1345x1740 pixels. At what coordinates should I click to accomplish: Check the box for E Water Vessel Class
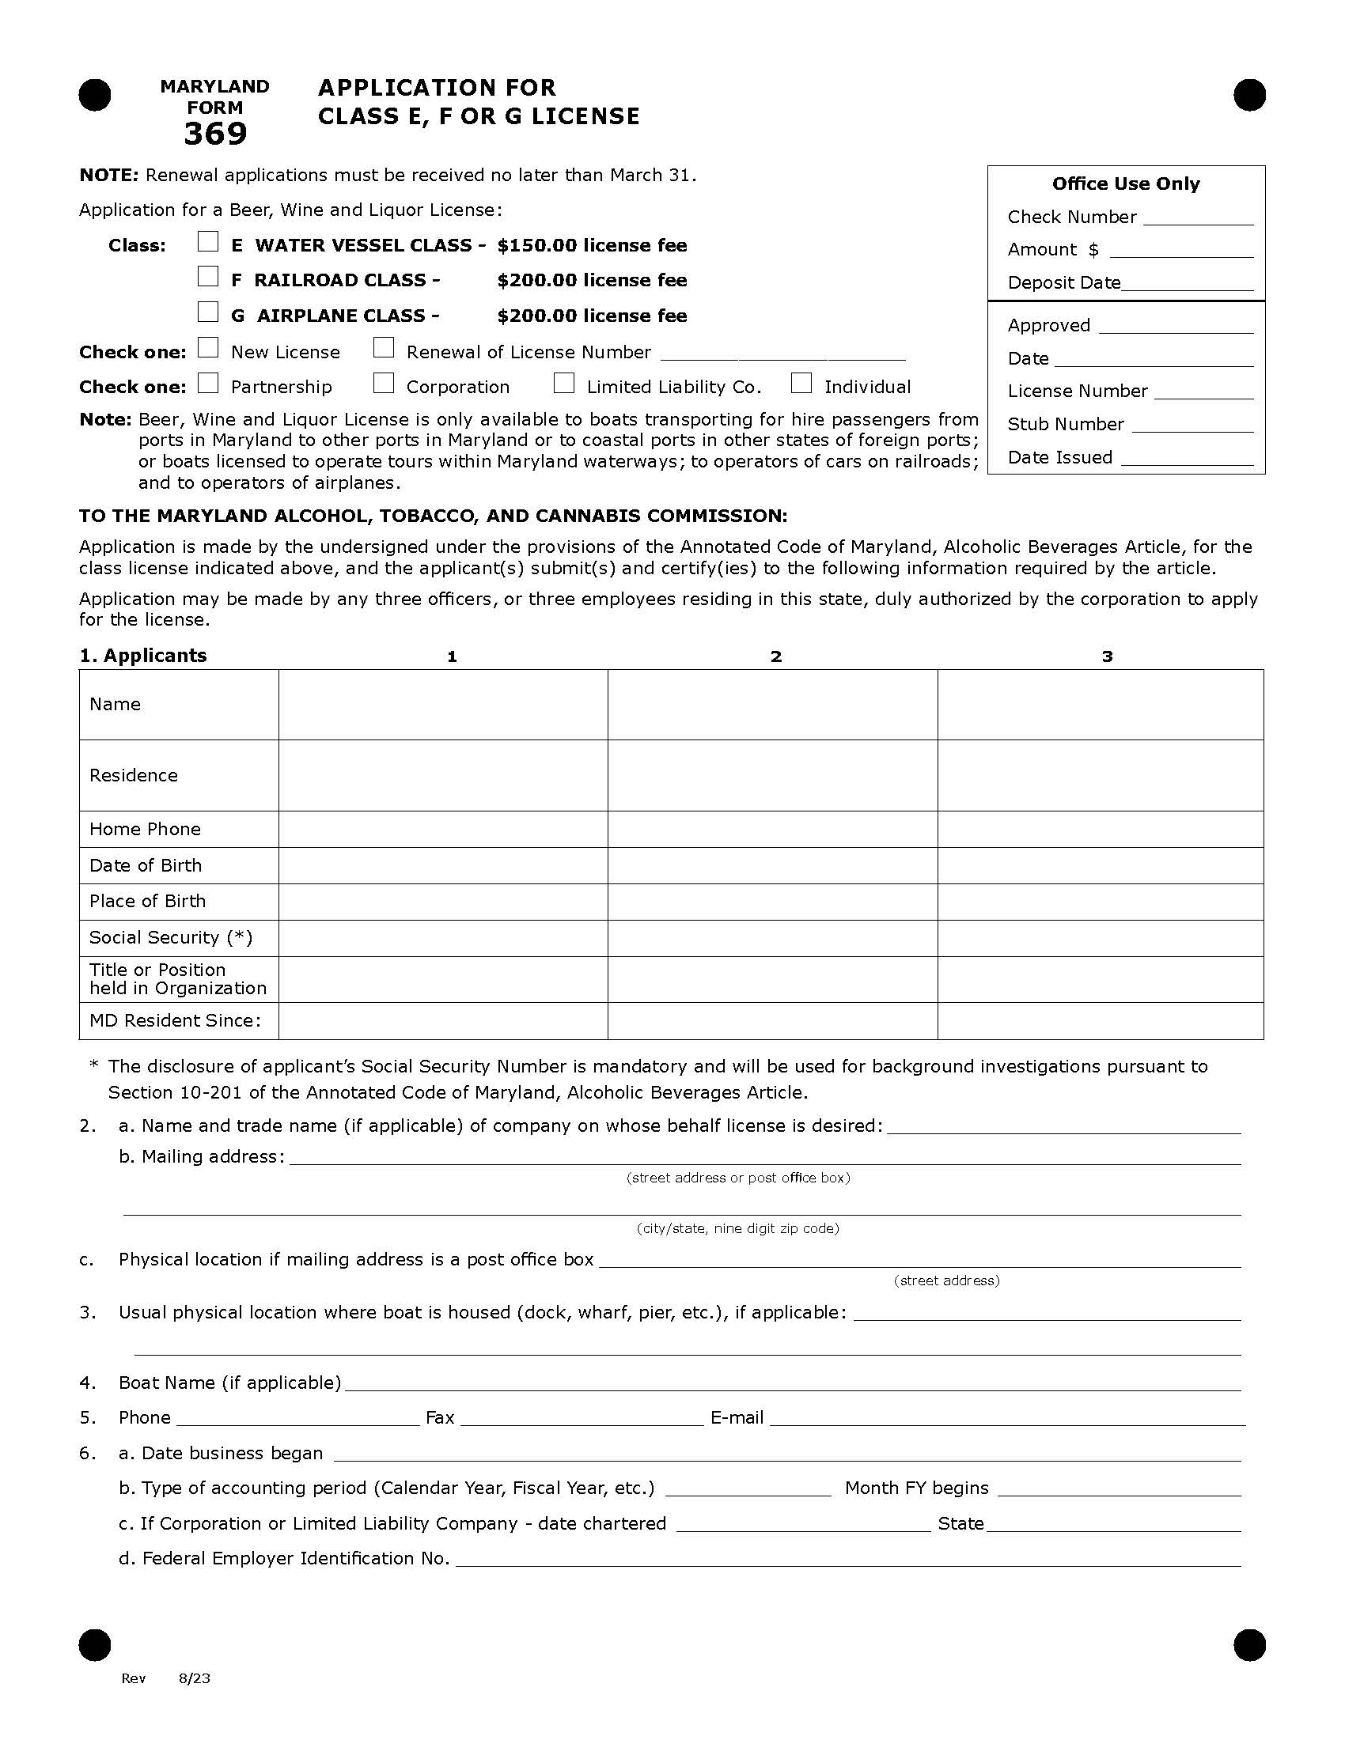coord(208,241)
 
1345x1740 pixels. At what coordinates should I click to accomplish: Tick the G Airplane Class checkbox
coord(208,312)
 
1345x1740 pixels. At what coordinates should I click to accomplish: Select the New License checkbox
coord(208,347)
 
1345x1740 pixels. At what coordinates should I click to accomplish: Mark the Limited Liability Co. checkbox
coord(564,384)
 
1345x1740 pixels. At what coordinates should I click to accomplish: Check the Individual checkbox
coord(801,384)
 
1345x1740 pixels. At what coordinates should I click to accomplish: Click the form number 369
coord(215,134)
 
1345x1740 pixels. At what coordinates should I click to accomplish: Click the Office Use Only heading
coord(1125,184)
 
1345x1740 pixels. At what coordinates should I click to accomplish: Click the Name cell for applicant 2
coord(772,704)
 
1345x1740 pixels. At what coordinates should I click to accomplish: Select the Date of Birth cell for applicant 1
coord(443,865)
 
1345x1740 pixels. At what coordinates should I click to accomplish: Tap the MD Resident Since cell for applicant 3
coord(1101,1020)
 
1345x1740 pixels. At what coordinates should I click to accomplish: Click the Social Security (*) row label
coord(171,938)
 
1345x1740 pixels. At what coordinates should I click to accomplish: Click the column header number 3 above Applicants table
coord(1107,656)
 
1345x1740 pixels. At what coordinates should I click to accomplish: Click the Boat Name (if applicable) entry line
coord(792,1384)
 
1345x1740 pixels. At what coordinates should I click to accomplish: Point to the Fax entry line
coord(582,1419)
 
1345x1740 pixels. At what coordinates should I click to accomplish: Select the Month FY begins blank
coord(1119,1489)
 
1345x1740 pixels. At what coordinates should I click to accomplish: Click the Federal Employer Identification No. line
coord(848,1559)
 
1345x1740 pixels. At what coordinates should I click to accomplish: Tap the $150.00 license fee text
coord(591,245)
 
